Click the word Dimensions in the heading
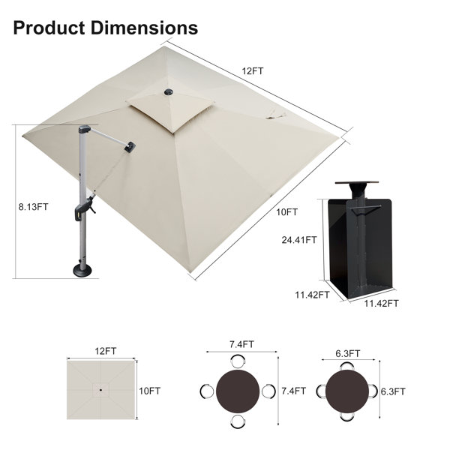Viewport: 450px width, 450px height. [x=144, y=28]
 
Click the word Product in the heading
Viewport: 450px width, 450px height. [x=49, y=28]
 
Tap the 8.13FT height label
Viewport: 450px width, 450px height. [x=33, y=207]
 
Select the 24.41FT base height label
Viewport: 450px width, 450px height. [x=299, y=240]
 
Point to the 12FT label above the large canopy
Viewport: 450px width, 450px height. [x=252, y=71]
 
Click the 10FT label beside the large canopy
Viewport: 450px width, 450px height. [x=287, y=212]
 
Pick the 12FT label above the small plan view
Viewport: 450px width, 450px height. [x=106, y=351]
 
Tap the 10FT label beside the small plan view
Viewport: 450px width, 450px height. [x=150, y=391]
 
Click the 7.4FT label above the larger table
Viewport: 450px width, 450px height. [x=241, y=344]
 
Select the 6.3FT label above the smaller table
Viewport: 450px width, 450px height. [x=347, y=353]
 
